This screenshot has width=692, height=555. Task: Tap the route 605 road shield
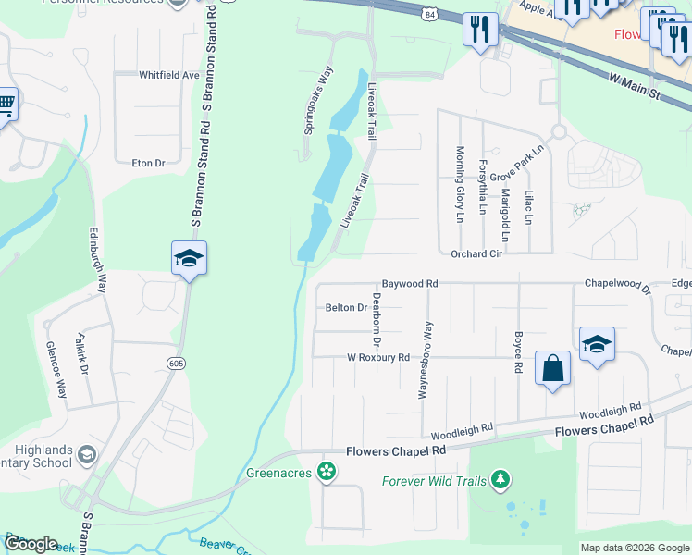click(176, 364)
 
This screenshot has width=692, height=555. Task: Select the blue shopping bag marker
click(552, 368)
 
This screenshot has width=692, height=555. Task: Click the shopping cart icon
click(6, 105)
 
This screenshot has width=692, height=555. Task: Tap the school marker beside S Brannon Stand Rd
click(189, 259)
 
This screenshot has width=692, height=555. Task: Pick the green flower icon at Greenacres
click(326, 473)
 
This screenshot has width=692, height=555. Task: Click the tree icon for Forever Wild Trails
click(500, 480)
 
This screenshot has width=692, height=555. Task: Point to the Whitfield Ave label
click(169, 75)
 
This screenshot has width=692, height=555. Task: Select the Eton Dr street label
click(148, 163)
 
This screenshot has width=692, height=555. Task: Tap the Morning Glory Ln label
click(460, 184)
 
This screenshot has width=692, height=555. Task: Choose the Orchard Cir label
click(476, 253)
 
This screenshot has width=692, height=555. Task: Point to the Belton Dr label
click(347, 308)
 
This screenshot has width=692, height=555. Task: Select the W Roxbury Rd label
click(377, 357)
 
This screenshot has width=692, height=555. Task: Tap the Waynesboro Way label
click(426, 360)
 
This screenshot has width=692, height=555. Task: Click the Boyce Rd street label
click(517, 352)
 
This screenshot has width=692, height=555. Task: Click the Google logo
click(31, 544)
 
